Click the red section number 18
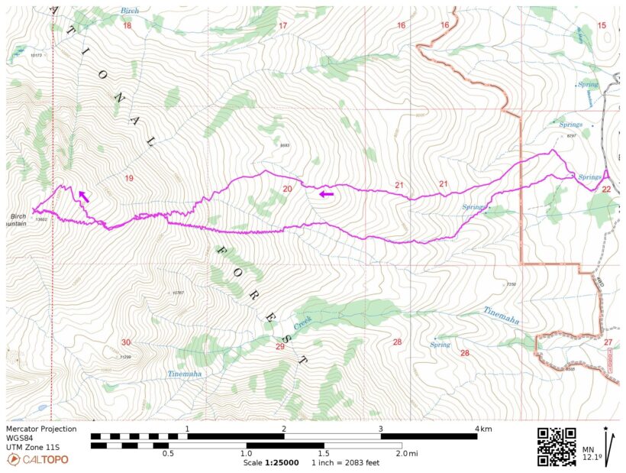tap(127, 26)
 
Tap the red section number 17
tap(282, 26)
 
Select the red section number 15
tap(602, 26)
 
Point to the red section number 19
tap(128, 179)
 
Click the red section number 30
tap(126, 342)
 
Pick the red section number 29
tap(279, 346)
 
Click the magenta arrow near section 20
tap(326, 194)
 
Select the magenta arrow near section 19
tap(82, 196)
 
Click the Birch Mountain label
tap(18, 219)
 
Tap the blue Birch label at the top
tap(130, 11)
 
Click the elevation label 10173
tap(36, 55)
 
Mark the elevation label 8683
tap(285, 145)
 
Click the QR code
tap(557, 446)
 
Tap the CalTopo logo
tap(38, 459)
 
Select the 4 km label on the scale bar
tap(482, 429)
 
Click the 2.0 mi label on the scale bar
tap(408, 454)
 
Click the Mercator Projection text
tap(41, 429)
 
